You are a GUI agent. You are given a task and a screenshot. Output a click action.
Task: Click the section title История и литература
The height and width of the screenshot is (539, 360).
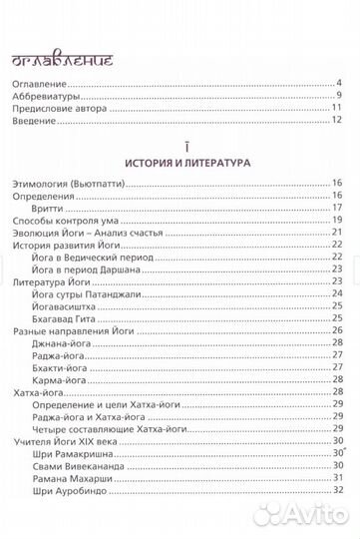coord(180,162)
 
